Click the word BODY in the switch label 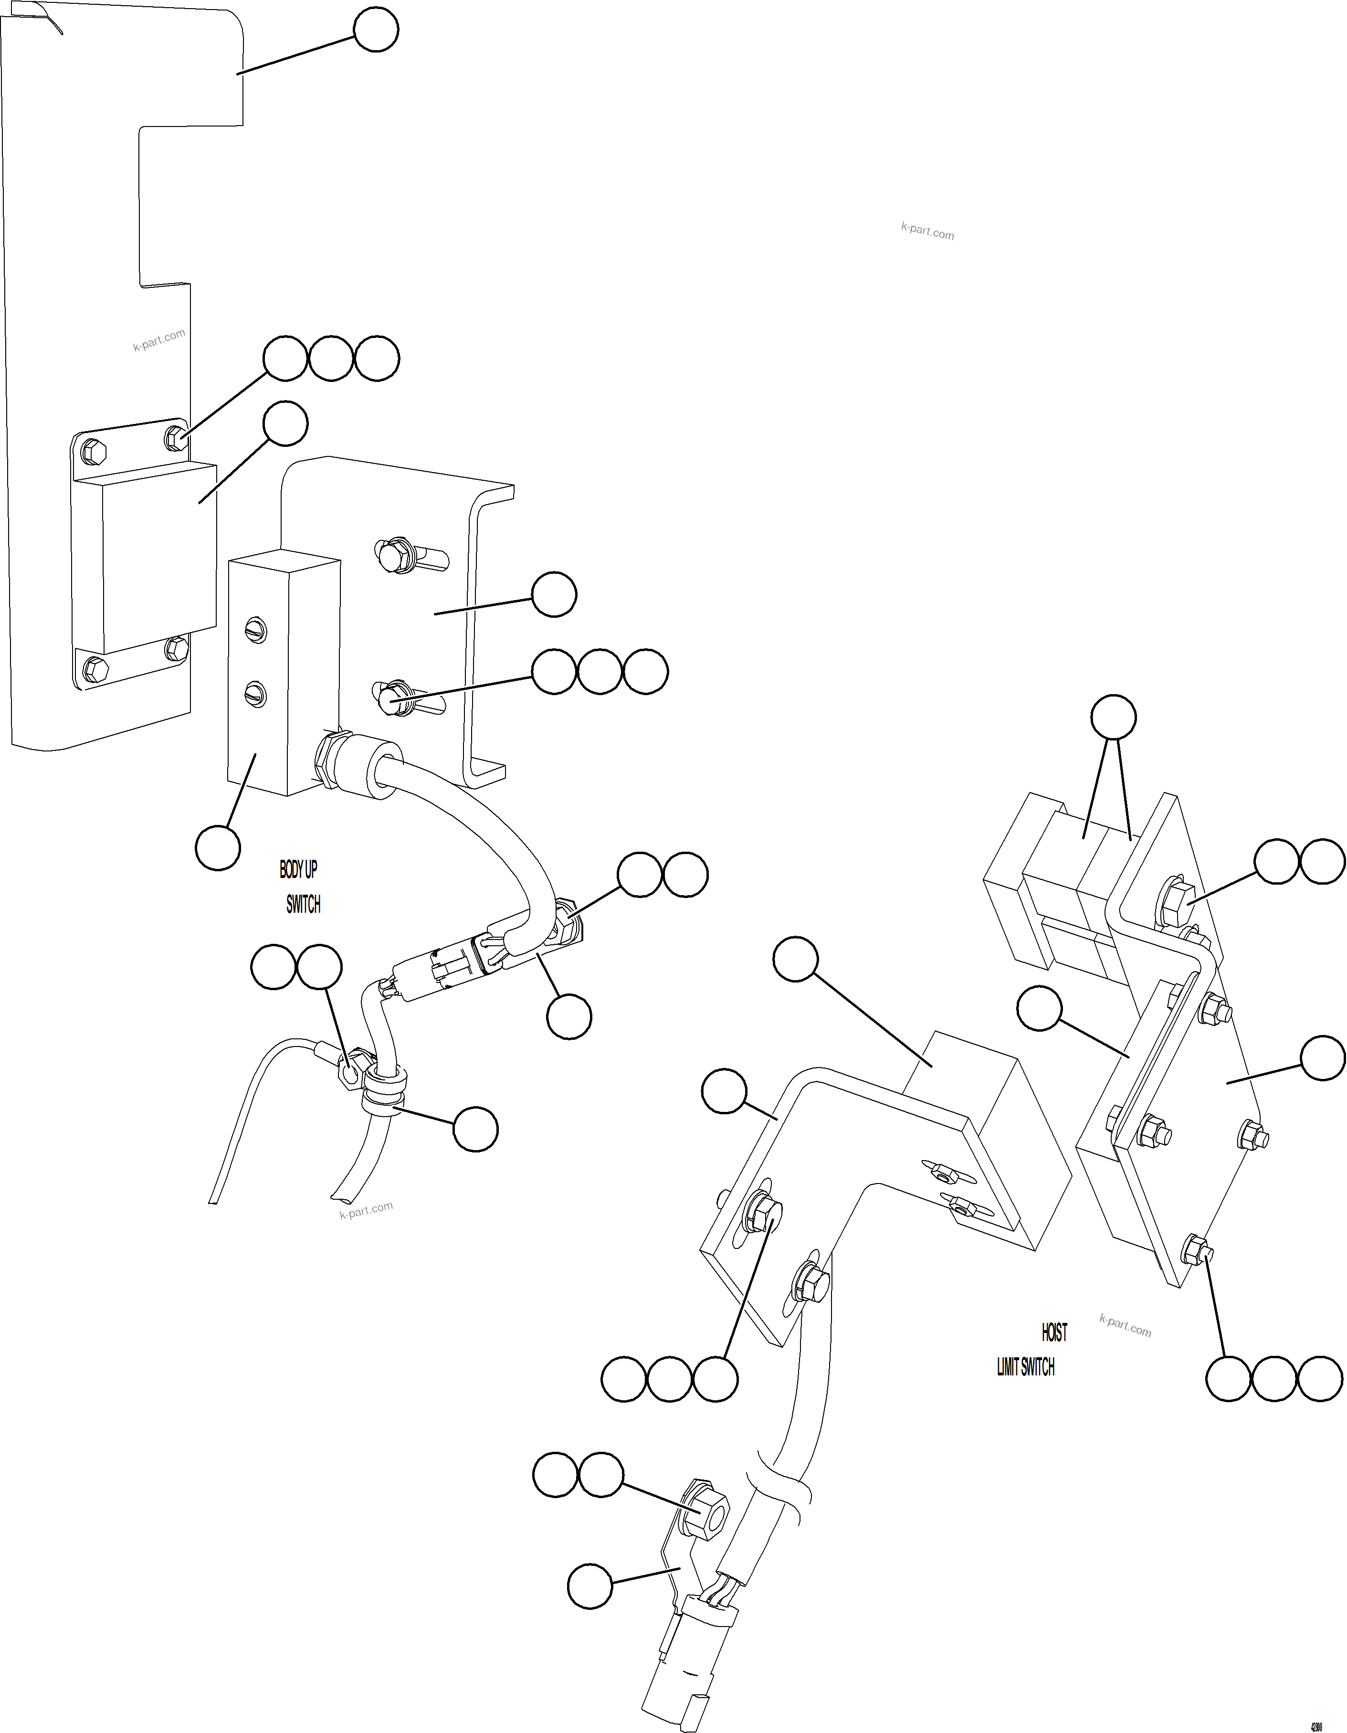point(290,870)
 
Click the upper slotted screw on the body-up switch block point(255,631)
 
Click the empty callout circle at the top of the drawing point(376,30)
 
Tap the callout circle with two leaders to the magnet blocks point(1114,718)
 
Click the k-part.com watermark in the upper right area point(927,232)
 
